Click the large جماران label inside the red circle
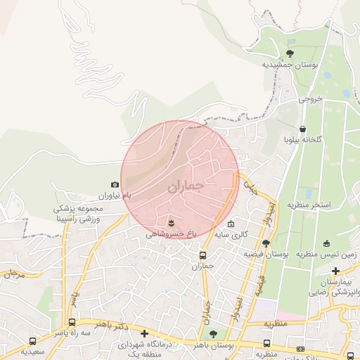tap(186, 188)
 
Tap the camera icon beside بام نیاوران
tap(115, 184)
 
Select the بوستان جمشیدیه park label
tap(290, 64)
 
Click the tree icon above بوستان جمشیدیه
tap(290, 53)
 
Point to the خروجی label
tap(309, 99)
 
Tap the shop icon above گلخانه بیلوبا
tap(302, 129)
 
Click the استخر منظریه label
tap(308, 205)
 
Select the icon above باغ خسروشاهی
tap(171, 222)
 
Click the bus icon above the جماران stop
tap(202, 256)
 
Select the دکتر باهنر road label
tap(112, 328)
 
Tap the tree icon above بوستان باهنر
tap(214, 334)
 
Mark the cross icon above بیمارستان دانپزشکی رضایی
tap(336, 271)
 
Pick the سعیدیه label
tap(33, 349)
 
